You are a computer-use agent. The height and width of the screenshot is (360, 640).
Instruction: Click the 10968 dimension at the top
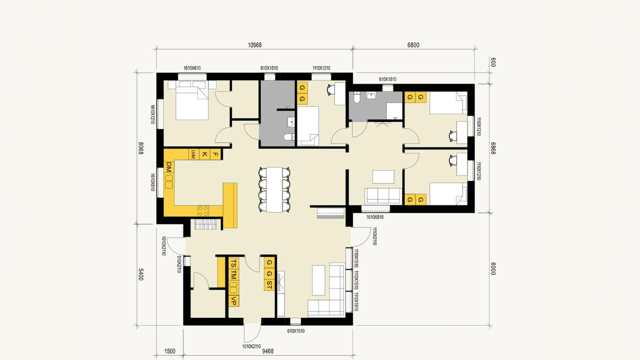(x=255, y=45)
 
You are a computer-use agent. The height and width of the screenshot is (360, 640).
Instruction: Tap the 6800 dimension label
(x=413, y=45)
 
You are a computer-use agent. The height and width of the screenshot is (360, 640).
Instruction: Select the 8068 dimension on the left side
(x=141, y=148)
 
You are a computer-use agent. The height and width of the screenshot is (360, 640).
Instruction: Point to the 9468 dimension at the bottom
(x=268, y=351)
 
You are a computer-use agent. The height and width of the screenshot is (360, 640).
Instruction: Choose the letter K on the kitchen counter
(x=205, y=154)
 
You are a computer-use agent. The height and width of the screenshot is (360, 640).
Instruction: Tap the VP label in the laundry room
(x=233, y=301)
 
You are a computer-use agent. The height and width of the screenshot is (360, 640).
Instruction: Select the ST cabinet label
(x=269, y=285)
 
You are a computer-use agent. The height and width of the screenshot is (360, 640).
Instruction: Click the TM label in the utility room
(x=233, y=275)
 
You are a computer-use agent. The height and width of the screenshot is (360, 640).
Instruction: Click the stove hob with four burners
(x=203, y=211)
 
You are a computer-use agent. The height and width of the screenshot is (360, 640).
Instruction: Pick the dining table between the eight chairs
(x=274, y=190)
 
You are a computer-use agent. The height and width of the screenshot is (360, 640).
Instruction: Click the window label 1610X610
(x=192, y=68)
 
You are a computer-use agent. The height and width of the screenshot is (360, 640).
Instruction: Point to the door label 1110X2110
(x=375, y=236)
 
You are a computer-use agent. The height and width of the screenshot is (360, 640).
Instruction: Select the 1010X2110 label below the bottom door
(x=251, y=346)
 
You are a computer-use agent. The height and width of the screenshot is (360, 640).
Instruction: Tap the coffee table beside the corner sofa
(x=319, y=280)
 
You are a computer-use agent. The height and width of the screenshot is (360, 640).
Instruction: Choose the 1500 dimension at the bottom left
(x=170, y=351)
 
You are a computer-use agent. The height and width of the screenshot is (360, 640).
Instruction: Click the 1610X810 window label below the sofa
(x=375, y=217)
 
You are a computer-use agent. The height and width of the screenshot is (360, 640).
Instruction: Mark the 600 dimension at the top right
(x=493, y=62)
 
